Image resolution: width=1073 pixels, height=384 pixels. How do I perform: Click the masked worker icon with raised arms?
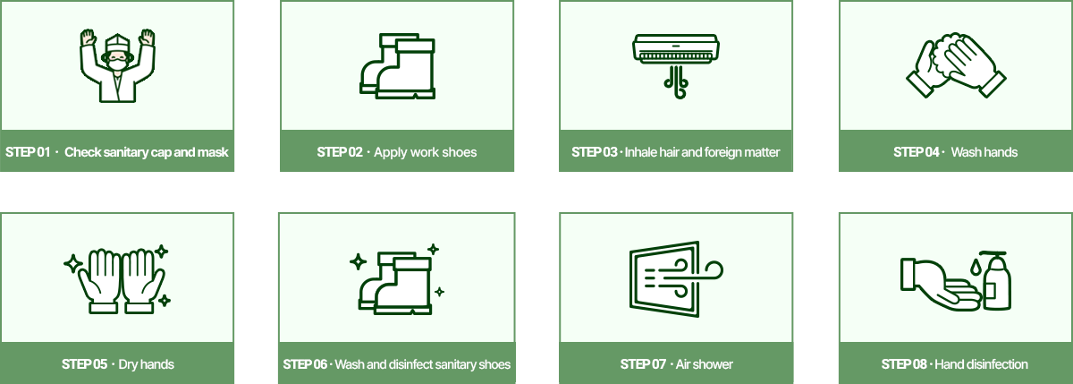(x=117, y=65)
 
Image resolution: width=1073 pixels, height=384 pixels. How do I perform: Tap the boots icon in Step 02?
(x=397, y=66)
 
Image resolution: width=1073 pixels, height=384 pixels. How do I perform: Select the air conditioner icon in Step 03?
(x=676, y=66)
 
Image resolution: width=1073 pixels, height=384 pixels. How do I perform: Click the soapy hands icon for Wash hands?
(x=956, y=65)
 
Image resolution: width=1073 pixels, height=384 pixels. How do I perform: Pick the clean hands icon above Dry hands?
(x=117, y=279)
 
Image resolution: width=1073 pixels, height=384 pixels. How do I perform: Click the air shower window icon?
(x=676, y=279)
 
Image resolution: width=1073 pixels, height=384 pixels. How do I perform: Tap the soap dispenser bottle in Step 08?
(x=997, y=280)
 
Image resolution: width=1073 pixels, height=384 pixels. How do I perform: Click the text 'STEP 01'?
(x=28, y=152)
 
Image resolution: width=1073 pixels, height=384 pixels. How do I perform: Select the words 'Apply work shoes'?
(x=426, y=152)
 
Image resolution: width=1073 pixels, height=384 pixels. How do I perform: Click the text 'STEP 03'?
(x=594, y=152)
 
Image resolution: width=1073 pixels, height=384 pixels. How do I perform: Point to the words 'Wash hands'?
(x=984, y=152)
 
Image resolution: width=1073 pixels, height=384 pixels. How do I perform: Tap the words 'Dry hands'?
(x=146, y=364)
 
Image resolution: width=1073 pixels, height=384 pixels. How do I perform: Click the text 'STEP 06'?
(x=305, y=364)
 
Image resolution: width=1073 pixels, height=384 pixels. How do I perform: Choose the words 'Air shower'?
(x=705, y=364)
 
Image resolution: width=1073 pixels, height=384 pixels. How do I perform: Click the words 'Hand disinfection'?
(x=981, y=364)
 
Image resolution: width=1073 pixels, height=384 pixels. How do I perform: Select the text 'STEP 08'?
(x=904, y=364)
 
